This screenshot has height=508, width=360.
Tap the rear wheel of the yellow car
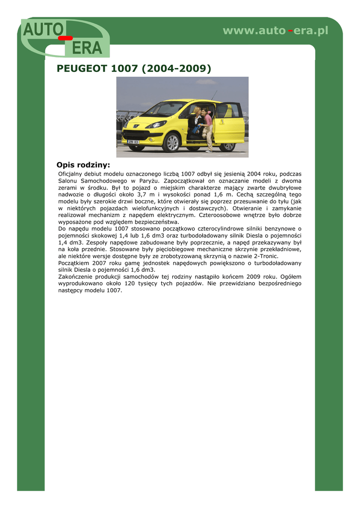pos(227,145)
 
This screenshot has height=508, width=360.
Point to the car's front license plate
pos(134,141)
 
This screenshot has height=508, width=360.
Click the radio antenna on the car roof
pos(214,95)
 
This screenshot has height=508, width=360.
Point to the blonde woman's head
pos(197,110)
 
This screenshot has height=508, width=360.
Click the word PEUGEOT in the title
pos(82,68)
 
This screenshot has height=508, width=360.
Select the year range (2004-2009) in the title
pos(176,68)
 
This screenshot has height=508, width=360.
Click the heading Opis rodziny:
pos(83,165)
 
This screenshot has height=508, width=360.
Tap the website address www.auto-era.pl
pos(276,31)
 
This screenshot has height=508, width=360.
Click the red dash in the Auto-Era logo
pos(65,38)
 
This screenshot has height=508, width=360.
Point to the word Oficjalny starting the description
pos(72,174)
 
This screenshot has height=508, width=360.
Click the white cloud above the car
pos(206,82)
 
